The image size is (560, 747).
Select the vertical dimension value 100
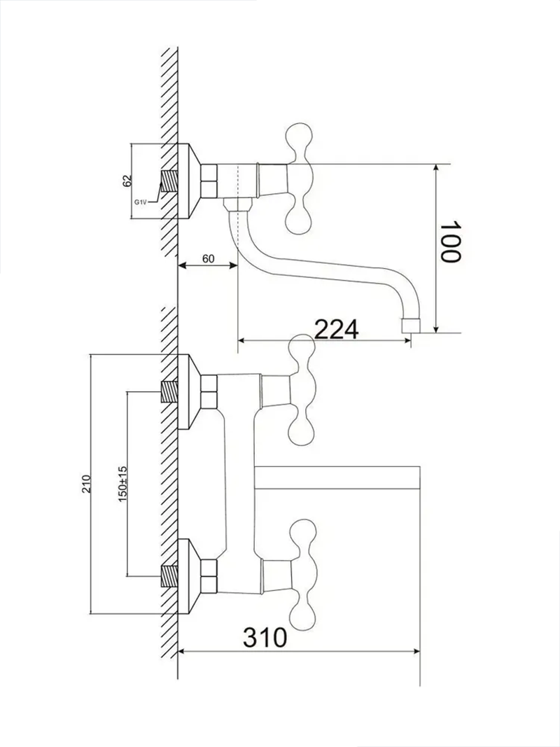pyautogui.click(x=451, y=242)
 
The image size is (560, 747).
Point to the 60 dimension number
pyautogui.click(x=208, y=258)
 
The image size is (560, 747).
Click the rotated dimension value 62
pyautogui.click(x=127, y=181)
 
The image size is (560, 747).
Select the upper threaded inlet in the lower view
pyautogui.click(x=169, y=391)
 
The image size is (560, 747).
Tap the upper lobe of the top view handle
pyautogui.click(x=299, y=137)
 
